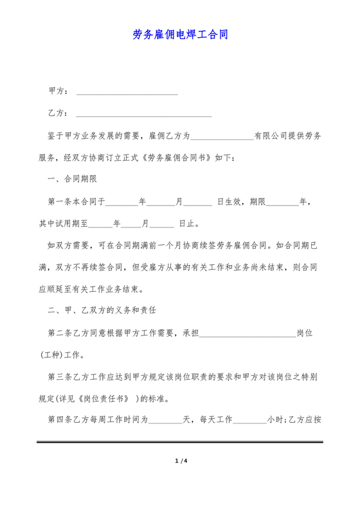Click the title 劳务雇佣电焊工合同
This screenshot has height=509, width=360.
pyautogui.click(x=180, y=34)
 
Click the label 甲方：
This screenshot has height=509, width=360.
pyautogui.click(x=59, y=91)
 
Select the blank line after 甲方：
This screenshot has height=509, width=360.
pyautogui.click(x=127, y=93)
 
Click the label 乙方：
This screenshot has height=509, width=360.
pyautogui.click(x=59, y=113)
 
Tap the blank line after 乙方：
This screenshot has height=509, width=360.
pyautogui.click(x=143, y=115)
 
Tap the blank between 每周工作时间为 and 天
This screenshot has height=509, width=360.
pyautogui.click(x=166, y=422)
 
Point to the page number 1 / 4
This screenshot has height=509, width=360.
pyautogui.click(x=180, y=461)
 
